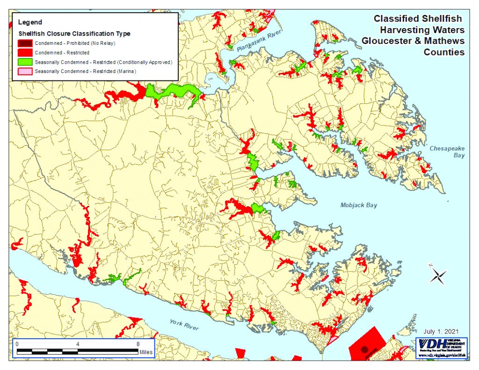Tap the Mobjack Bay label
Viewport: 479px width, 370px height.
pos(359,205)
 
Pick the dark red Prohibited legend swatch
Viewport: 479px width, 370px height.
pos(25,44)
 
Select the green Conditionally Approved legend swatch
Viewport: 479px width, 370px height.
pos(25,62)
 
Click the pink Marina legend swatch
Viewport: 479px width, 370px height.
pos(25,72)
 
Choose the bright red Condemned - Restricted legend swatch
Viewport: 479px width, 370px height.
pos(25,53)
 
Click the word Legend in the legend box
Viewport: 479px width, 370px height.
pos(30,22)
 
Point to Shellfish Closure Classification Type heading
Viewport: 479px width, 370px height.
pos(74,34)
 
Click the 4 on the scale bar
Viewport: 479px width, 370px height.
pos(77,343)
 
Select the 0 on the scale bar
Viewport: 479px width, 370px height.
pos(17,343)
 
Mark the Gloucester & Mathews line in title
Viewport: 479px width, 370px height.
pos(413,41)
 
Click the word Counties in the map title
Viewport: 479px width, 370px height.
pos(444,52)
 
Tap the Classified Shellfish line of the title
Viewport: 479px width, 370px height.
pos(417,19)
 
